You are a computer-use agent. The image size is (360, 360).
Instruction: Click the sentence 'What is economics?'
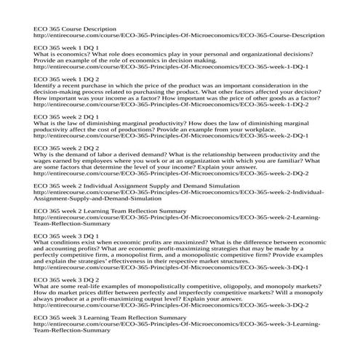click(x=61, y=54)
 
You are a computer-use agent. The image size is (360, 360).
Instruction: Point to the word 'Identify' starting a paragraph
click(x=44, y=85)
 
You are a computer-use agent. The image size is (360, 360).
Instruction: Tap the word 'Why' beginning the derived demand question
click(x=40, y=154)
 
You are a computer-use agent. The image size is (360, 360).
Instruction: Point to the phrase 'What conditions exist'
click(x=68, y=242)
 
